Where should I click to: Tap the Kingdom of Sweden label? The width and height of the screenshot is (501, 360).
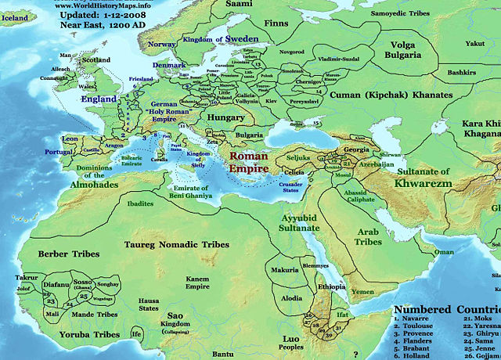[x=211, y=38]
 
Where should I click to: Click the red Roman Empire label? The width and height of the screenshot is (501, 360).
[x=249, y=162]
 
